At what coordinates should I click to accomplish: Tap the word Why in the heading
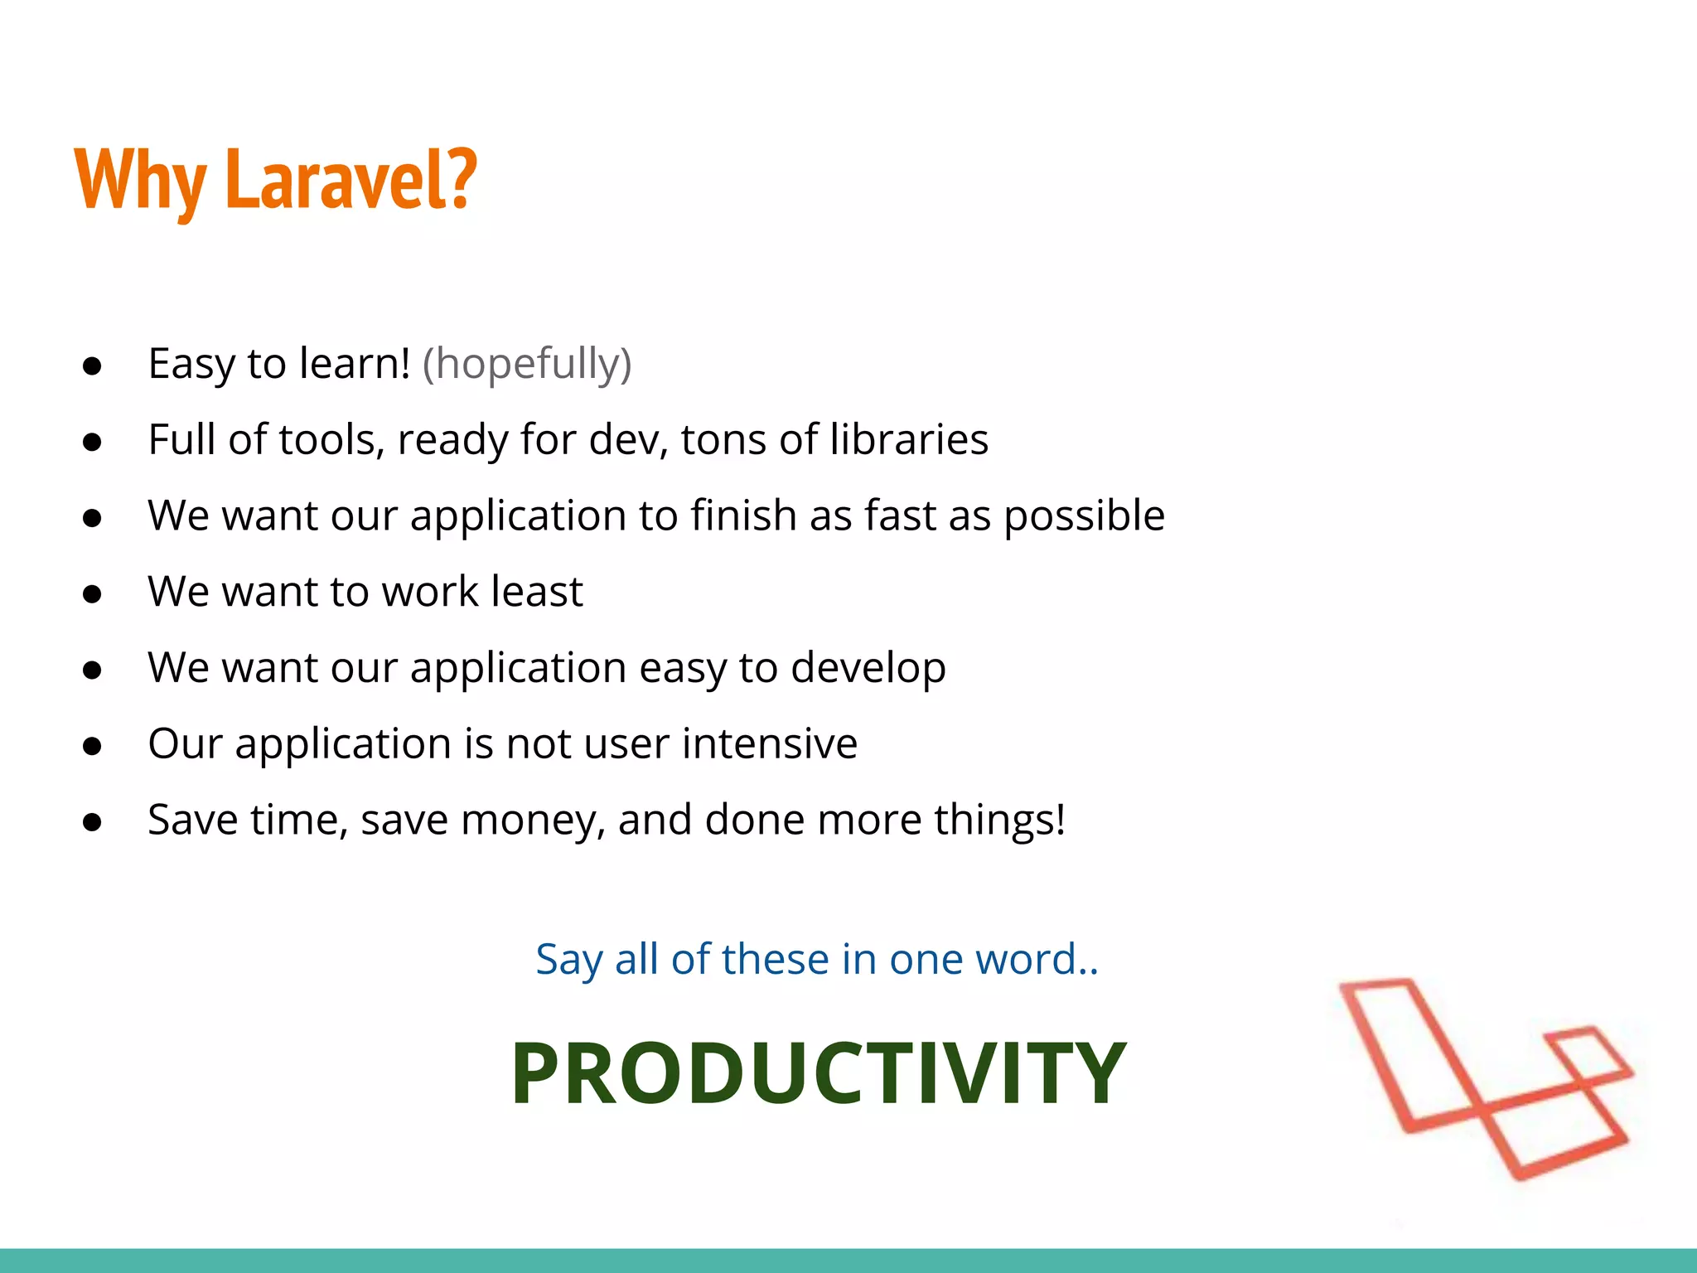pyautogui.click(x=140, y=181)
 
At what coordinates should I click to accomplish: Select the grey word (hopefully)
pyautogui.click(x=527, y=364)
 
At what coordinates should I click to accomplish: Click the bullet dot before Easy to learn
pyautogui.click(x=92, y=366)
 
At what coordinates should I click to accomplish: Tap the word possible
pyautogui.click(x=1084, y=516)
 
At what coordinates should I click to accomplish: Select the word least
pyautogui.click(x=537, y=592)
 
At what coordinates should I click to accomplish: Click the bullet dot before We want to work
pyautogui.click(x=92, y=594)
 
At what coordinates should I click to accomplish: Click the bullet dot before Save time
pyautogui.click(x=92, y=822)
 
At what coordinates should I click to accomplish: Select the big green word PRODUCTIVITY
pyautogui.click(x=819, y=1073)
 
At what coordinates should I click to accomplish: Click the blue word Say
pyautogui.click(x=568, y=961)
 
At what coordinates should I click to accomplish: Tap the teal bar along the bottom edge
pyautogui.click(x=848, y=1261)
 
